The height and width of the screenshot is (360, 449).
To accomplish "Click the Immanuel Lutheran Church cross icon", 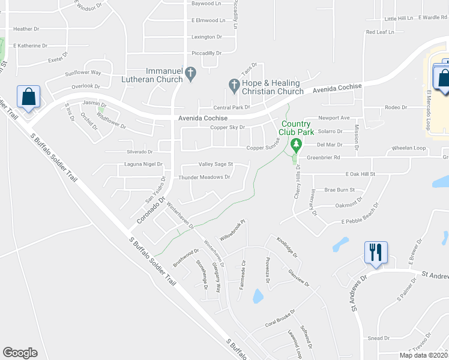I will click(x=190, y=73).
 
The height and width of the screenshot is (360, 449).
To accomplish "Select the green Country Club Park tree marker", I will click(x=295, y=145).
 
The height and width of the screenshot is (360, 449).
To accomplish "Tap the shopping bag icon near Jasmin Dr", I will click(x=28, y=96).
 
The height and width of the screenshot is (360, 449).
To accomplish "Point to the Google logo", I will click(x=20, y=353).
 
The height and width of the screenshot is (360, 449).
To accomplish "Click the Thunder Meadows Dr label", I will click(x=205, y=177).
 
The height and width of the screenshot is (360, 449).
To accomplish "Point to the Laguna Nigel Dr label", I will click(x=143, y=163).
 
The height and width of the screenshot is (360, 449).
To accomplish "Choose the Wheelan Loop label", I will click(x=408, y=148).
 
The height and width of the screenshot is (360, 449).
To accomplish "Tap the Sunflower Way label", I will click(x=83, y=73).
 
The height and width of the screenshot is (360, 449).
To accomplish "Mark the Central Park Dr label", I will click(x=231, y=107).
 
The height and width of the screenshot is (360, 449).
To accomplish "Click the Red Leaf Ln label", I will click(x=380, y=32).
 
